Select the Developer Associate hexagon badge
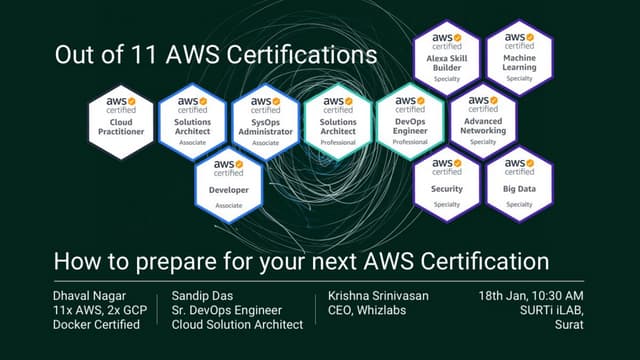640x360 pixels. [229, 182]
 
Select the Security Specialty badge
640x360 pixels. [446, 182]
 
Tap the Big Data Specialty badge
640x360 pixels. [518, 182]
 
